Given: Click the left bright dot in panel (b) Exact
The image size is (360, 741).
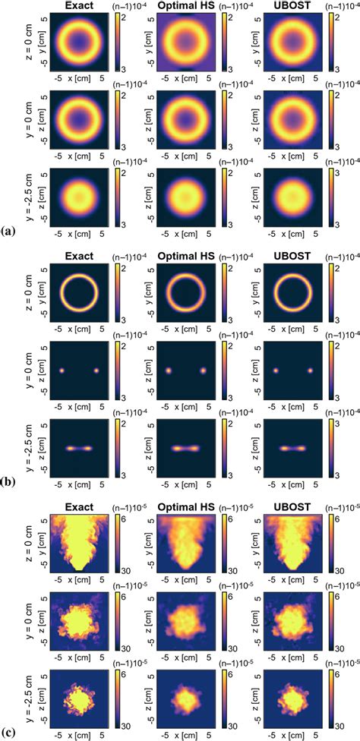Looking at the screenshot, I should pos(62,371).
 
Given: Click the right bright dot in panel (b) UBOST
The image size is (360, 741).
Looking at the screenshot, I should pos(310,371).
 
